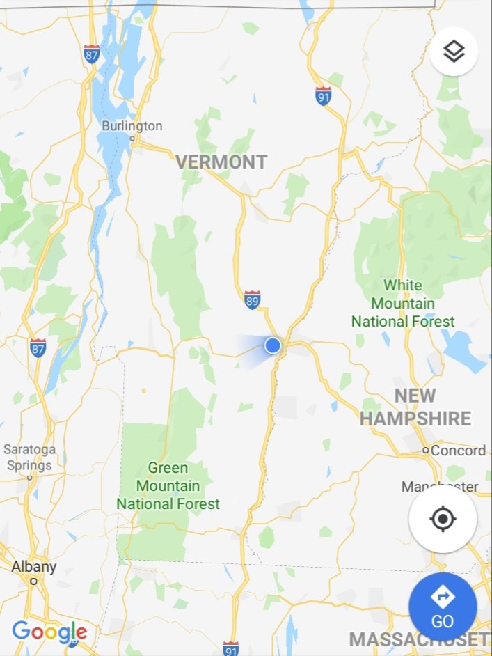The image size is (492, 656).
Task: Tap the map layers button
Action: tap(453, 51)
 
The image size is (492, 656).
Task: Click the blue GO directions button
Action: tap(443, 607)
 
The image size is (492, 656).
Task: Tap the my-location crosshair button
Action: tap(443, 520)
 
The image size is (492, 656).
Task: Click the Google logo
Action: tap(49, 632)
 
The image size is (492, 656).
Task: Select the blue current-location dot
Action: tap(273, 345)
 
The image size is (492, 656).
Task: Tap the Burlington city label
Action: tap(132, 126)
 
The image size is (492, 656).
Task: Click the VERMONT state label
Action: tap(221, 162)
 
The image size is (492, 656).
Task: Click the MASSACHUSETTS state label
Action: tap(420, 639)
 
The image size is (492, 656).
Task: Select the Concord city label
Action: tap(458, 451)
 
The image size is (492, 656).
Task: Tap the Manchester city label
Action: tap(440, 486)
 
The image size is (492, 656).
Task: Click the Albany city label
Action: tap(33, 567)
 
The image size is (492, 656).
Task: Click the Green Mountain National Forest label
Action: tap(168, 485)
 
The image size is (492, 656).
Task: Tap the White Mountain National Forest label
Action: tap(402, 304)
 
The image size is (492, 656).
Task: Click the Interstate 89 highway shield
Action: tap(253, 300)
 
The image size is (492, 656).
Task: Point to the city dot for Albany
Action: tap(33, 581)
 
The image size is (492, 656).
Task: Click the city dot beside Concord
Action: tap(426, 451)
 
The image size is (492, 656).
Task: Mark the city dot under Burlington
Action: tap(133, 138)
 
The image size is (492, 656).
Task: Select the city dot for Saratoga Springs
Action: tap(30, 478)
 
